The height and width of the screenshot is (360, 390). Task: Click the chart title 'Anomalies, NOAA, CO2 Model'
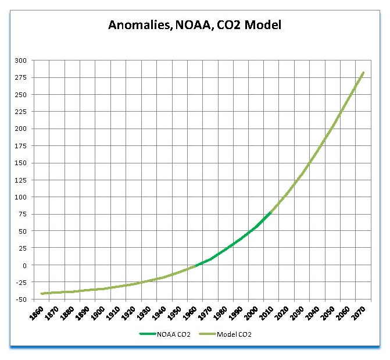click(x=195, y=25)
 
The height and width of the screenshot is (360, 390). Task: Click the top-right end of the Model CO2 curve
click(x=363, y=73)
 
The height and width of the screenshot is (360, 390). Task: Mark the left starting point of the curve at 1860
click(x=42, y=294)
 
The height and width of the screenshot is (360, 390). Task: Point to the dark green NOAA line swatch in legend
click(x=148, y=334)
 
